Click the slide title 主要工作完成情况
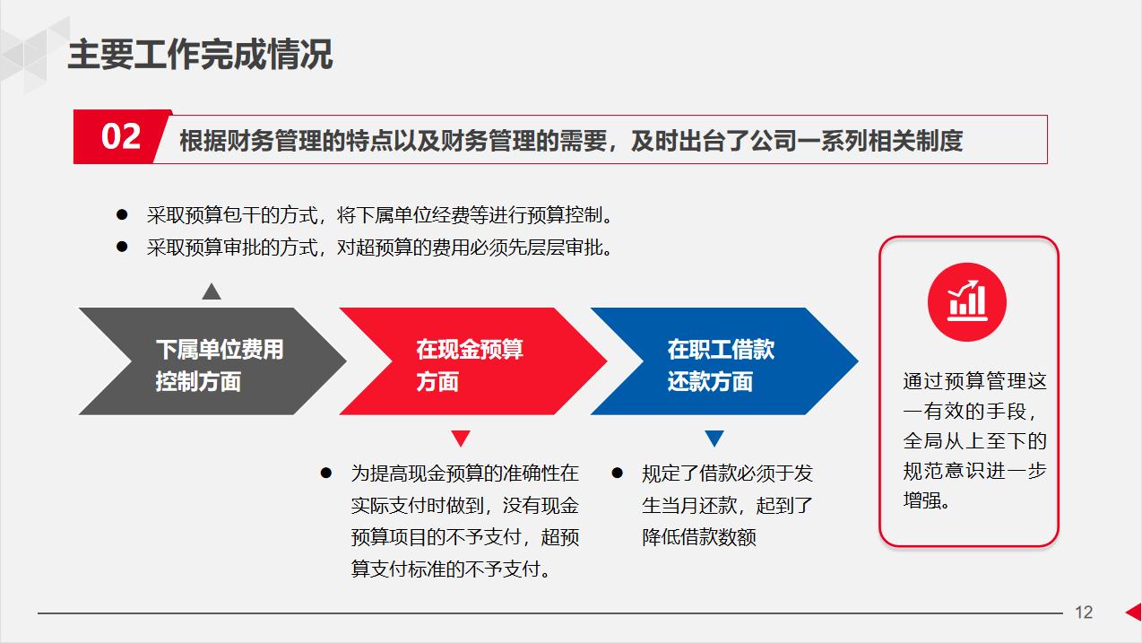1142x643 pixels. point(200,55)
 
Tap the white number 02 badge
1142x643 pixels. point(121,137)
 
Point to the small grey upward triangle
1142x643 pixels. point(212,291)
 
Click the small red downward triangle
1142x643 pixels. point(461,439)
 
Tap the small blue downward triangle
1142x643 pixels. point(714,439)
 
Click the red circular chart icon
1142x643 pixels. point(967,302)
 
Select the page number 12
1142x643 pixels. point(1084,613)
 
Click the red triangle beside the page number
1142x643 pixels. point(1133,612)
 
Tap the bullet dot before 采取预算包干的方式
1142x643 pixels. point(122,215)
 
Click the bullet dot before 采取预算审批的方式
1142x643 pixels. point(122,247)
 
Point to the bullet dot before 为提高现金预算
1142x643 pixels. point(326,473)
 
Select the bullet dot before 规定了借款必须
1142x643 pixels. point(617,473)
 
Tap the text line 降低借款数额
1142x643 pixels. point(699,537)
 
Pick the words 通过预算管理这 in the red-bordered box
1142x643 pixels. point(974,381)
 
